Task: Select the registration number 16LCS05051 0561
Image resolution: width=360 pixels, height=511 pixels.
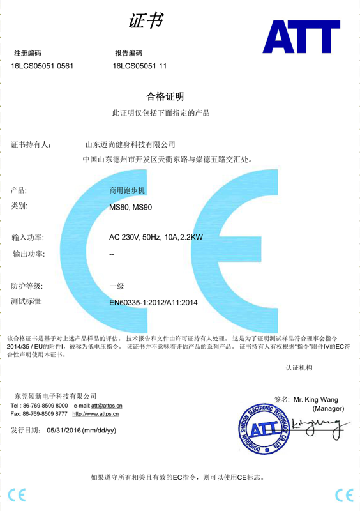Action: [x=42, y=66]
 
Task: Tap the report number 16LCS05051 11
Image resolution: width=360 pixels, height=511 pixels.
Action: [x=140, y=66]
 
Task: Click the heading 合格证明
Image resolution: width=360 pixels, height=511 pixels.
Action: [x=165, y=97]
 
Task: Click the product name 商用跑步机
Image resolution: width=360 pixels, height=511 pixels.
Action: [x=128, y=190]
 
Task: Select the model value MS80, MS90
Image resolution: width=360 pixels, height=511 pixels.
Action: [x=130, y=207]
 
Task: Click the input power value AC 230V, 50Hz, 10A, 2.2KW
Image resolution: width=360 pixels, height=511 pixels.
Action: [x=156, y=238]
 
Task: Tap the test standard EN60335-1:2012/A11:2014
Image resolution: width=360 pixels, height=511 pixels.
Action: [x=154, y=302]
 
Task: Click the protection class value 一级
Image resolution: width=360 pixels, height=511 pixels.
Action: [x=116, y=286]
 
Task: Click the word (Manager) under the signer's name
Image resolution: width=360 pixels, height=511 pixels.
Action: [x=328, y=408]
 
